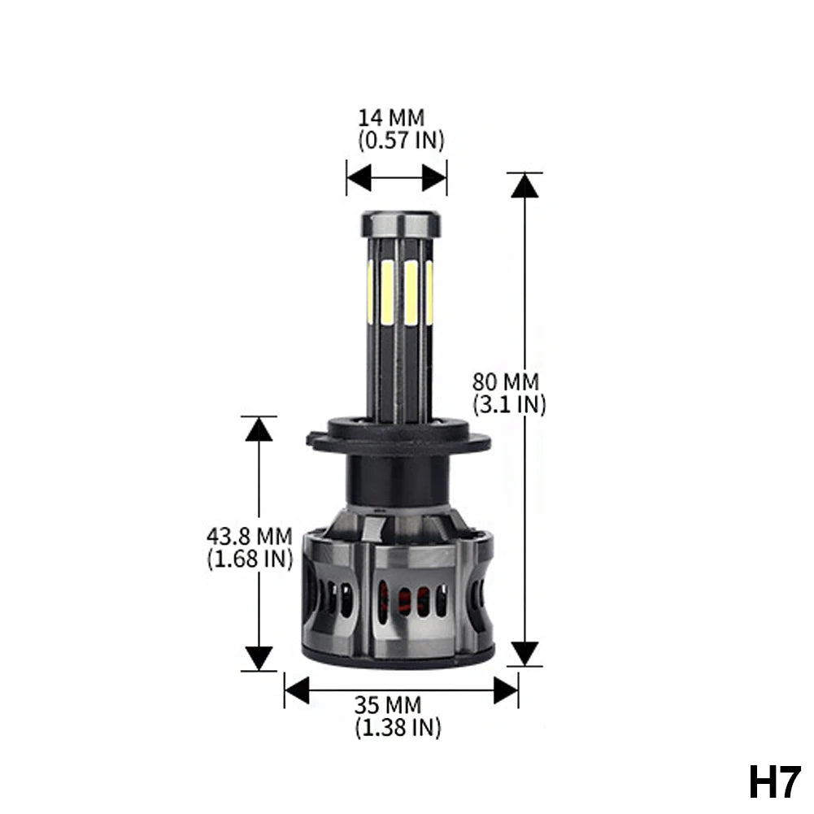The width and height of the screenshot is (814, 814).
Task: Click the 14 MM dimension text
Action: (x=391, y=118)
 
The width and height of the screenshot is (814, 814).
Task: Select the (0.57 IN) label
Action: (x=401, y=140)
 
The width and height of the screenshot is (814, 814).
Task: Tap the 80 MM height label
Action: (x=506, y=382)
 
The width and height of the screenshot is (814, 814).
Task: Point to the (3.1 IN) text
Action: (x=509, y=404)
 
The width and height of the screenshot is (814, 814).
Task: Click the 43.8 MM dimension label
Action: (x=249, y=536)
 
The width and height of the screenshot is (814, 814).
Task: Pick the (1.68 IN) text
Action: (x=250, y=559)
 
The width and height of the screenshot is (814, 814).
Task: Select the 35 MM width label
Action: (x=388, y=705)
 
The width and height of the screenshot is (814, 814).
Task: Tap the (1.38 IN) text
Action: (x=398, y=727)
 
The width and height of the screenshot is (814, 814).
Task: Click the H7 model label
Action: (x=774, y=783)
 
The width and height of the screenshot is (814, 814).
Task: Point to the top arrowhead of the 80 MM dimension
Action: (x=525, y=185)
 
